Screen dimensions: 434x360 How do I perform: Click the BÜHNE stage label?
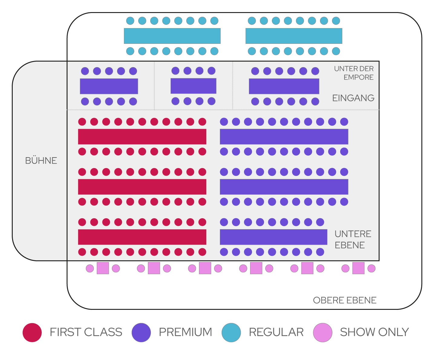[x=41, y=161]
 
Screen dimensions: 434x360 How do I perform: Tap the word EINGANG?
[x=353, y=98]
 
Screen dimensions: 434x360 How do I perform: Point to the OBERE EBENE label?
[x=344, y=300]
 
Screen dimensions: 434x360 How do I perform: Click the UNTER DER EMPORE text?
[x=354, y=73]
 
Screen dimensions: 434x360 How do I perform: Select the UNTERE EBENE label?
[x=353, y=239]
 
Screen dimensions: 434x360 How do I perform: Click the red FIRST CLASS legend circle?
[x=32, y=332]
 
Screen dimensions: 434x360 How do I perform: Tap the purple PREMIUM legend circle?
[x=141, y=332]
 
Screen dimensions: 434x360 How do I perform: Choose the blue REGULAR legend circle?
[x=231, y=332]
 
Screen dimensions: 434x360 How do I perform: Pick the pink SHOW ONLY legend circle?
[x=323, y=332]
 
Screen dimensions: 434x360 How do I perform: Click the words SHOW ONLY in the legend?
[x=374, y=332]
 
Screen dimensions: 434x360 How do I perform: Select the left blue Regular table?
[x=172, y=36]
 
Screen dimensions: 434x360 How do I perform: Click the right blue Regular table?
[x=294, y=36]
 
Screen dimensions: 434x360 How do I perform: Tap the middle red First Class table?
[x=142, y=187]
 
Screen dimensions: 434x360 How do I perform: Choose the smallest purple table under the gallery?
[x=193, y=86]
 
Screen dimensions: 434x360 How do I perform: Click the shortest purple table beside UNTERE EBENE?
[x=273, y=237]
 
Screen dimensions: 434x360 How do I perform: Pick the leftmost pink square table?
[x=103, y=268]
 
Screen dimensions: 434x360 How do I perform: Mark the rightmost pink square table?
[x=358, y=268]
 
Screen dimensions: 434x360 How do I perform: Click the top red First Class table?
[x=142, y=137]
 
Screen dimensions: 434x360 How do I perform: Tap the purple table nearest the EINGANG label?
[x=284, y=86]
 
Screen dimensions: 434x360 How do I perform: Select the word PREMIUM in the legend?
[x=185, y=332]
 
